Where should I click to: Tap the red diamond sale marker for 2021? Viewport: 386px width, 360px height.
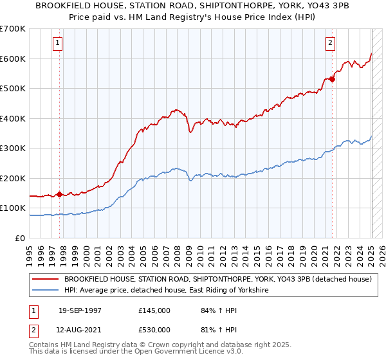[333, 80]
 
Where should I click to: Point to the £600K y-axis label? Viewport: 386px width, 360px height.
[13, 59]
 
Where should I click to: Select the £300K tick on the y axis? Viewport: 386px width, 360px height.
[13, 148]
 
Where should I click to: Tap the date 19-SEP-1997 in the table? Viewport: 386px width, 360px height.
[80, 310]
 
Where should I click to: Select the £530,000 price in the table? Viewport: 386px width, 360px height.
[154, 329]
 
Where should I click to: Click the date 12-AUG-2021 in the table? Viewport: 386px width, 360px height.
[80, 329]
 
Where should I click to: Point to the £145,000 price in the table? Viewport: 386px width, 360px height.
[154, 310]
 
